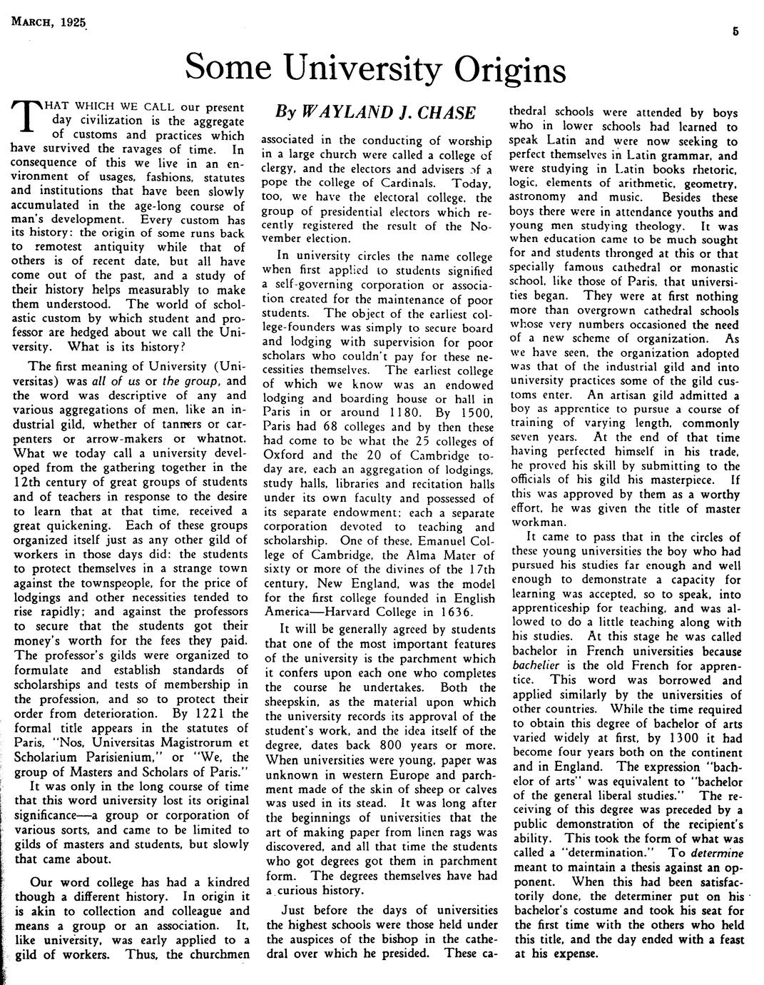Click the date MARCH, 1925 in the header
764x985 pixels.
(x=45, y=23)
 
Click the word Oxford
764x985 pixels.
(x=285, y=455)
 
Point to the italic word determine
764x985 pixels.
(x=717, y=852)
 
